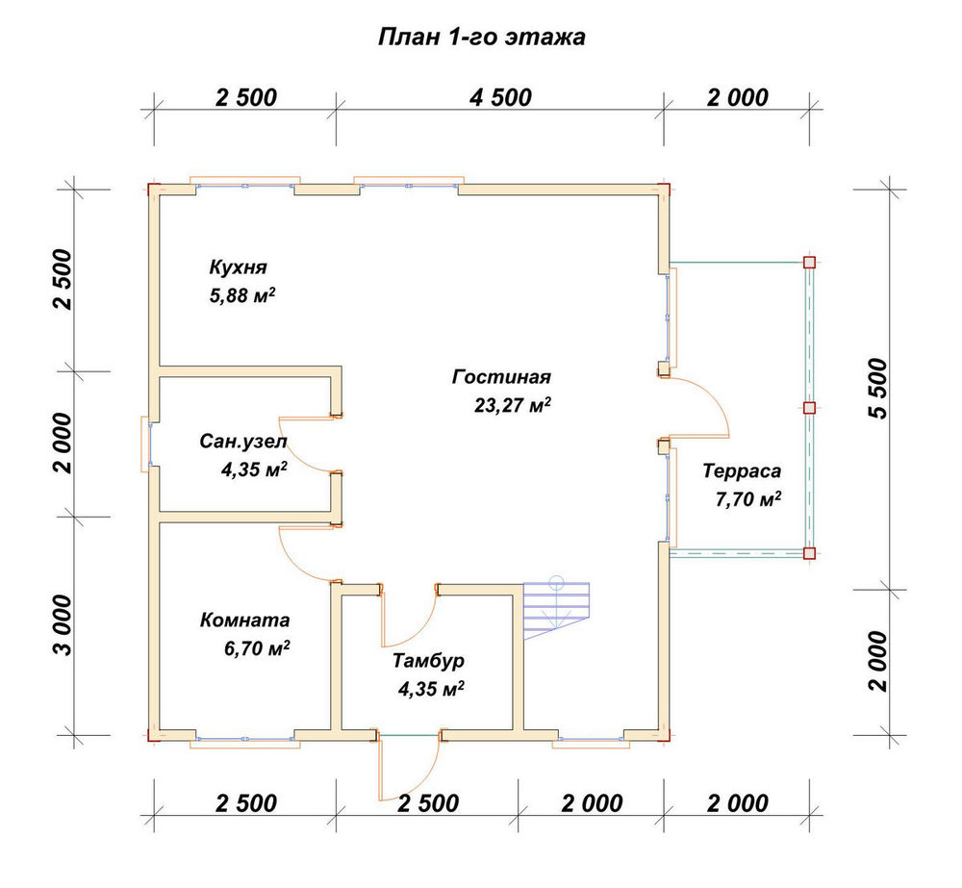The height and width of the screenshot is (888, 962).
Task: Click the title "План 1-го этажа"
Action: [x=482, y=37]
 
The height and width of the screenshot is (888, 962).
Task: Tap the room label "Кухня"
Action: [x=238, y=267]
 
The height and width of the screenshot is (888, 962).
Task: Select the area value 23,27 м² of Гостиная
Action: [x=513, y=405]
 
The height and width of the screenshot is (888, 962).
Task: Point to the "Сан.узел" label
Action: [x=243, y=442]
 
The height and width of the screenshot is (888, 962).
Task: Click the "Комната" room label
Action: [x=244, y=620]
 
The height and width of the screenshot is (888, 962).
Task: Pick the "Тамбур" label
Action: [x=428, y=662]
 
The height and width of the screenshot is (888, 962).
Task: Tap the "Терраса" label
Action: [x=742, y=471]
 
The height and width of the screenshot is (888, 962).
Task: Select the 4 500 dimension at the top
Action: [x=500, y=97]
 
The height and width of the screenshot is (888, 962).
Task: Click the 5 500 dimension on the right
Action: [x=878, y=389]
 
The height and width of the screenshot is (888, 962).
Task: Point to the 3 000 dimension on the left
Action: [x=63, y=625]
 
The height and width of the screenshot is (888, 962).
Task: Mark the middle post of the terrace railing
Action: [x=810, y=408]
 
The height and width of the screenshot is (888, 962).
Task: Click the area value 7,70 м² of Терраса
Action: [x=748, y=499]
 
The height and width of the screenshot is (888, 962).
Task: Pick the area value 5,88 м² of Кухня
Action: [x=242, y=295]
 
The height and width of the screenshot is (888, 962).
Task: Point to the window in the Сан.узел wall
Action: [x=147, y=444]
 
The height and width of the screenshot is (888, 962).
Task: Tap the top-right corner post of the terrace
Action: [x=810, y=263]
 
